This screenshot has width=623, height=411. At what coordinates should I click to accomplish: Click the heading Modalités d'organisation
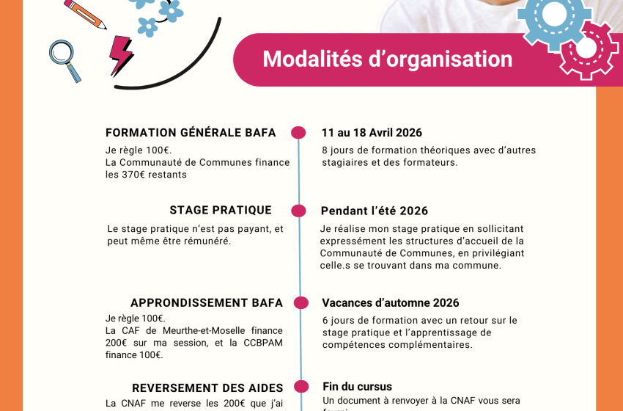click(387, 59)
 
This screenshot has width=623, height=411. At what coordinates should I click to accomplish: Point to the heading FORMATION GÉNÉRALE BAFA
click(191, 133)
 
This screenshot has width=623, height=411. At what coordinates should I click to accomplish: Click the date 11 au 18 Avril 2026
click(372, 133)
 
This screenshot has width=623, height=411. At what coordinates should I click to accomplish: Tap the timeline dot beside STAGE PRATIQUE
click(298, 211)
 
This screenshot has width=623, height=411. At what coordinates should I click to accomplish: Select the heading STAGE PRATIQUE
click(221, 211)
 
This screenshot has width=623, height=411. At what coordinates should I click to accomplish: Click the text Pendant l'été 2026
click(374, 211)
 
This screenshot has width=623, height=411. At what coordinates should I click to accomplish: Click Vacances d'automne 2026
click(390, 303)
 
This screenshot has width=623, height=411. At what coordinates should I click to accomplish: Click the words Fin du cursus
click(357, 387)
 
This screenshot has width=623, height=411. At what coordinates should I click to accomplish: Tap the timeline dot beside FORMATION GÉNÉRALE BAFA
click(298, 133)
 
